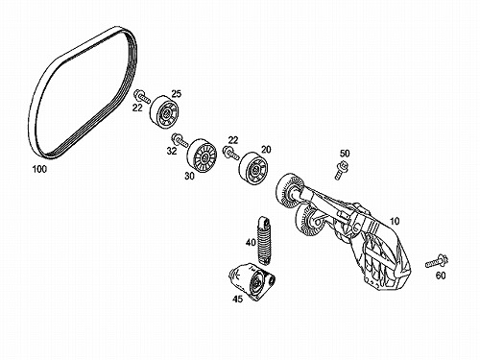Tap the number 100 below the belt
pyautogui.click(x=39, y=169)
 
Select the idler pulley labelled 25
pyautogui.click(x=164, y=112)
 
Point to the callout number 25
pyautogui.click(x=176, y=94)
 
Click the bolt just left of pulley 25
pyautogui.click(x=142, y=96)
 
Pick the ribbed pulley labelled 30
pyautogui.click(x=202, y=156)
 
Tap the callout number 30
pyautogui.click(x=189, y=176)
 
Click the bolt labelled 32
pyautogui.click(x=180, y=140)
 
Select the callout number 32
pyautogui.click(x=172, y=151)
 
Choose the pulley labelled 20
pyautogui.click(x=254, y=168)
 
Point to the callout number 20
pyautogui.click(x=266, y=150)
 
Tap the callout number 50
pyautogui.click(x=345, y=154)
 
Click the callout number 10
pyautogui.click(x=395, y=221)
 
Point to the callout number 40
pyautogui.click(x=251, y=242)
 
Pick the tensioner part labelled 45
pyautogui.click(x=252, y=281)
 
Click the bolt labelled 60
pyautogui.click(x=437, y=261)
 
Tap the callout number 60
pyautogui.click(x=441, y=276)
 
